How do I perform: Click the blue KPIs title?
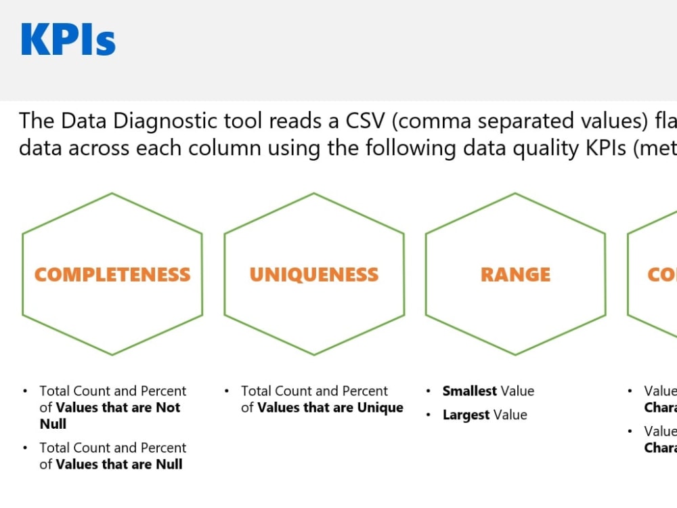point(68,39)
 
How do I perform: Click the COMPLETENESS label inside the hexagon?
point(112,274)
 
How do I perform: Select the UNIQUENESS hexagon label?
point(313,274)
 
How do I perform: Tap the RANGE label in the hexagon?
point(515,274)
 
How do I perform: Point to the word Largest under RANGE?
point(466,415)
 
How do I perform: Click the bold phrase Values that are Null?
point(119,464)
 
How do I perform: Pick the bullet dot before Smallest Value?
point(429,391)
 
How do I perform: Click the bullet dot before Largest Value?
point(429,415)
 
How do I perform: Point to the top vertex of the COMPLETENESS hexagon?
point(112,194)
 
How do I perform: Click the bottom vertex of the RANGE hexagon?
point(515,354)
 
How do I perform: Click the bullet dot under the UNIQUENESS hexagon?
point(227,391)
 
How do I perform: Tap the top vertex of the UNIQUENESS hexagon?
point(313,194)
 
